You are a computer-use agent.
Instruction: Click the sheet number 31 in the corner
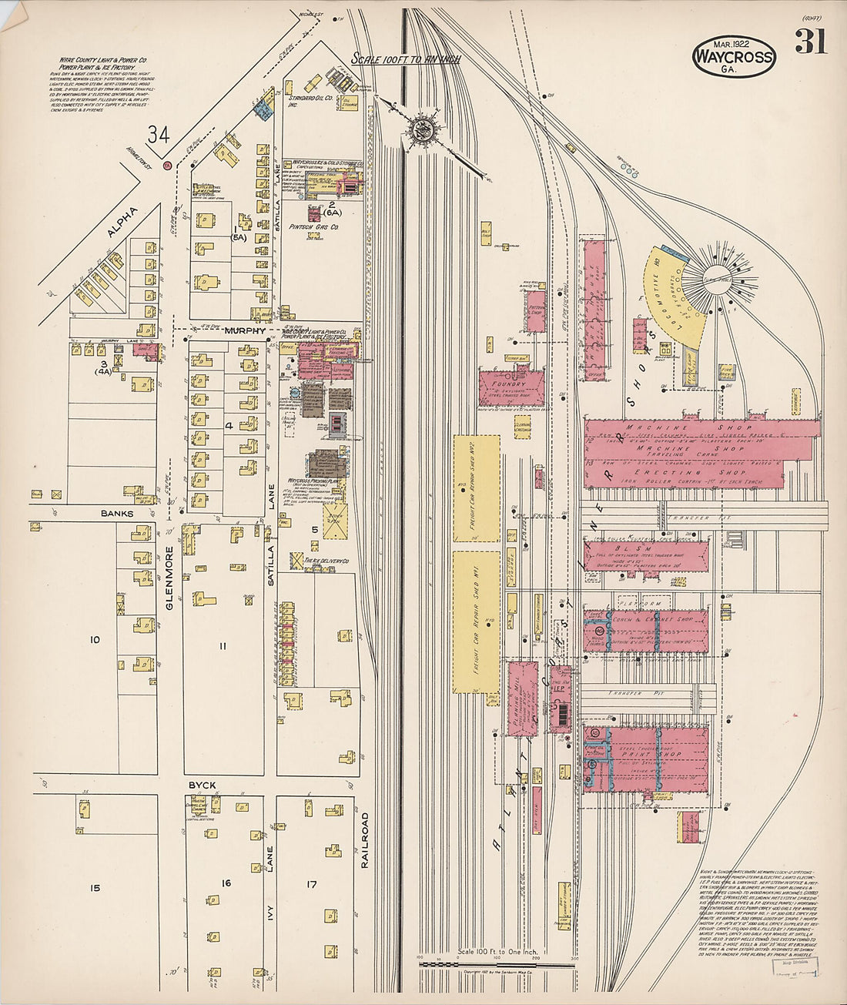(x=811, y=42)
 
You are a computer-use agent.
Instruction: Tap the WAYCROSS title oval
(x=733, y=55)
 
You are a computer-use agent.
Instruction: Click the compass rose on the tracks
(x=421, y=129)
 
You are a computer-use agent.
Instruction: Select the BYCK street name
(x=203, y=786)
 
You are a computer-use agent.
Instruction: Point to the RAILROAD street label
(x=365, y=840)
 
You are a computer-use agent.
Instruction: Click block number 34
(x=159, y=134)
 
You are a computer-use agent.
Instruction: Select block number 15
(x=94, y=888)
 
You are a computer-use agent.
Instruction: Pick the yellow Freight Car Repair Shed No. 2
(x=476, y=485)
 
